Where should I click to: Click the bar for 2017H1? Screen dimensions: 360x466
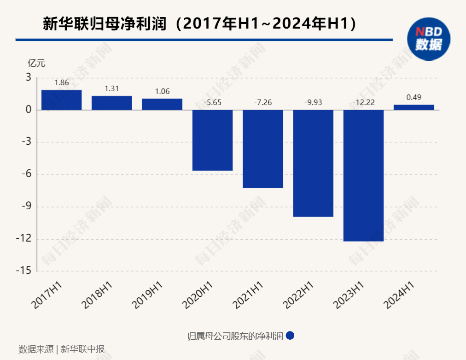tap(61, 100)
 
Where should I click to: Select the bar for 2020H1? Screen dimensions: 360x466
tap(212, 140)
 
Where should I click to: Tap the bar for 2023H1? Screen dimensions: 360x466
tap(363, 175)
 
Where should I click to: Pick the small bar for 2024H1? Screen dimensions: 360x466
tap(414, 107)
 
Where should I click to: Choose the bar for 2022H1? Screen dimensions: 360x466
tap(313, 163)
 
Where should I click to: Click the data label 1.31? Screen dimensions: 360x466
tap(112, 89)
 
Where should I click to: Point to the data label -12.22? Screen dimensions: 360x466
tap(363, 102)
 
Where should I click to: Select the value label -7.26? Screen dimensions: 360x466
tap(263, 102)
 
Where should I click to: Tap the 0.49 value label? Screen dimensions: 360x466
tap(414, 97)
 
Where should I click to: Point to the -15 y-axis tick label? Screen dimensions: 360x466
tap(23, 271)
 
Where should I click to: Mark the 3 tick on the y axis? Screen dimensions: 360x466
tap(29, 77)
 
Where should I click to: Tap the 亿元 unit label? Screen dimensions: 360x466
tap(36, 64)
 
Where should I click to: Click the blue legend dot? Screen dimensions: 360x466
tap(290, 336)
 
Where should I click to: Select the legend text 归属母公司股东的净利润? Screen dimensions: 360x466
tap(235, 336)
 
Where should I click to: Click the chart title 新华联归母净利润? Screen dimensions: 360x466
tap(104, 24)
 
